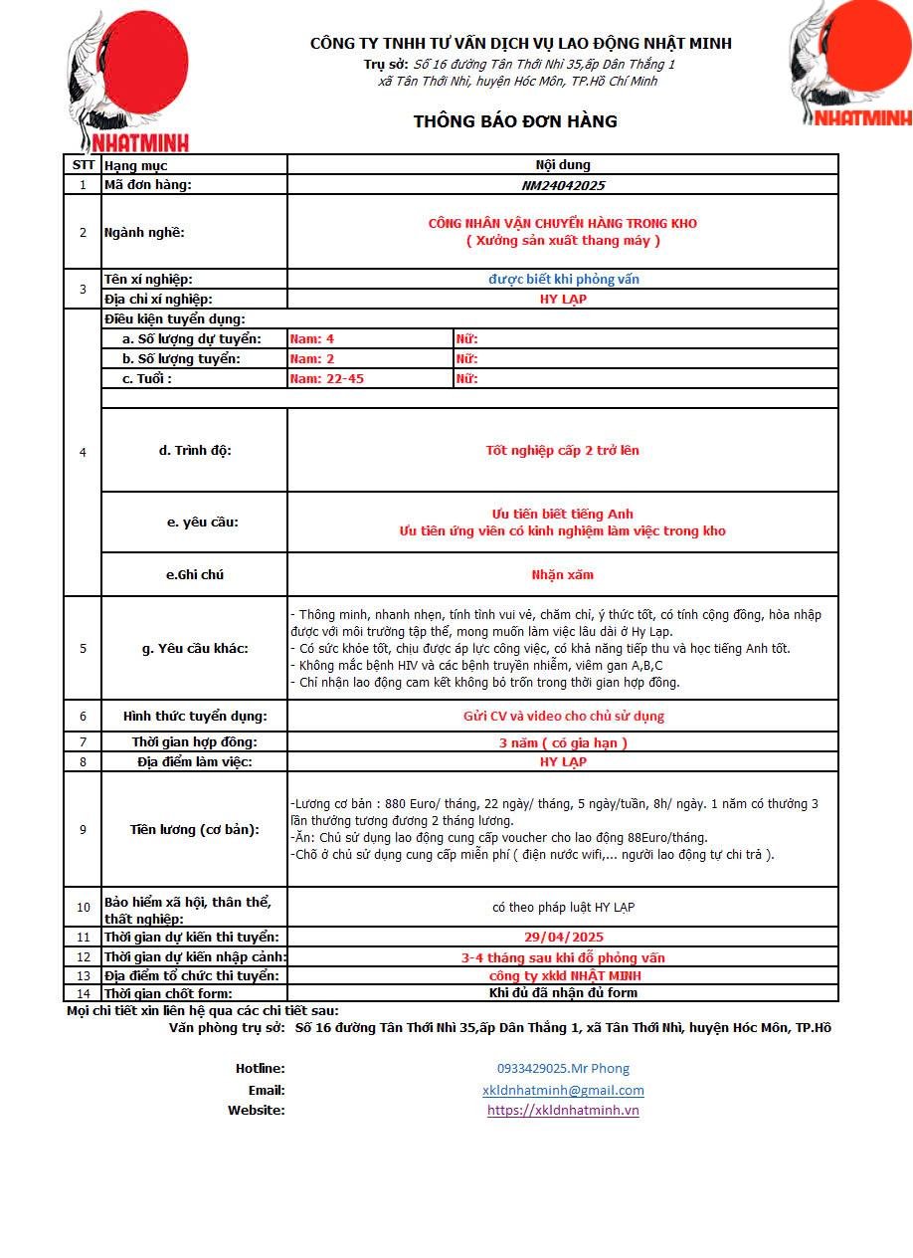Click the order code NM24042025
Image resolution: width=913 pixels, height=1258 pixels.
pyautogui.click(x=563, y=185)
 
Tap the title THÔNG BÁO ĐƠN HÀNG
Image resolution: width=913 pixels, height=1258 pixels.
pyautogui.click(x=515, y=121)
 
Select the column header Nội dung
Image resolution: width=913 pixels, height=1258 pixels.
pyautogui.click(x=563, y=165)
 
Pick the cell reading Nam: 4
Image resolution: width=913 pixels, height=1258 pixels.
pyautogui.click(x=311, y=339)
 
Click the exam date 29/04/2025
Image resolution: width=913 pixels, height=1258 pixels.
pyautogui.click(x=563, y=938)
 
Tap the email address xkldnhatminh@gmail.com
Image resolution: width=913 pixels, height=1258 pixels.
pyautogui.click(x=563, y=1091)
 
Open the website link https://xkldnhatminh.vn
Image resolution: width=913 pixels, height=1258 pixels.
pyautogui.click(x=563, y=1111)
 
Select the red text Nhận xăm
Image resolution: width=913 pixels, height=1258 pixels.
pyautogui.click(x=563, y=575)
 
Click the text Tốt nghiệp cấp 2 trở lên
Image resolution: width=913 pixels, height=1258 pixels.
pyautogui.click(x=563, y=451)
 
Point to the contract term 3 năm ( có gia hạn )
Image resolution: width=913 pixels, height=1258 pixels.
pyautogui.click(x=563, y=742)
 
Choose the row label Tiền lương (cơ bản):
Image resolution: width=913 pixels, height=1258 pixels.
pyautogui.click(x=195, y=830)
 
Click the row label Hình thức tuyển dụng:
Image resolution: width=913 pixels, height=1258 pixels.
pyautogui.click(x=195, y=717)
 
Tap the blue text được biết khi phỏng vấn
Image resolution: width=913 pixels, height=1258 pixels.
pyautogui.click(x=563, y=280)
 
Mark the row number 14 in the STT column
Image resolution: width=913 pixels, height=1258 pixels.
pyautogui.click(x=83, y=993)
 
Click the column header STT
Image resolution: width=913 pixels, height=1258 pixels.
pyautogui.click(x=83, y=165)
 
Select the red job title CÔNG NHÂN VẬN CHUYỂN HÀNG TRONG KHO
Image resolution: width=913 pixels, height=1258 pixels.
pyautogui.click(x=563, y=224)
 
